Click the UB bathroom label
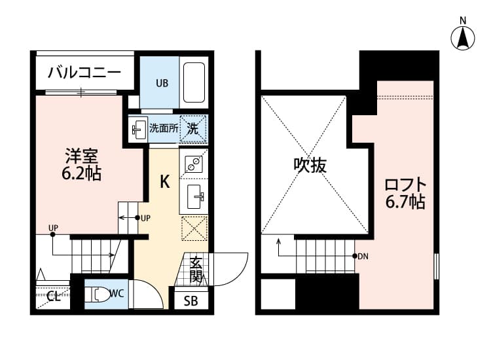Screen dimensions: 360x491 coord(161,82)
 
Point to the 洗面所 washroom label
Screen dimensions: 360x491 coord(164,128)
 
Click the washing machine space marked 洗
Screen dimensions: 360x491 coord(194,128)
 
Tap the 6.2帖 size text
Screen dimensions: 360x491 coord(82,175)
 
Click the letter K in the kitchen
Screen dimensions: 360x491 coord(165,181)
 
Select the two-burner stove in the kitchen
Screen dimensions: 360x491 coord(194,164)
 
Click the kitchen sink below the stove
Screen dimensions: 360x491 coord(194,195)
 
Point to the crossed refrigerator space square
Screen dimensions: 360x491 coord(194,228)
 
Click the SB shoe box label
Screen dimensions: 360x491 coord(191,301)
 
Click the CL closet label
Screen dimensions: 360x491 coord(54,297)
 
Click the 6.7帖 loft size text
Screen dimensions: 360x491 coord(405,202)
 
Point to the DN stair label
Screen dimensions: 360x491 coord(363,256)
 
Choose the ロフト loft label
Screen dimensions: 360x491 coord(405,184)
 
